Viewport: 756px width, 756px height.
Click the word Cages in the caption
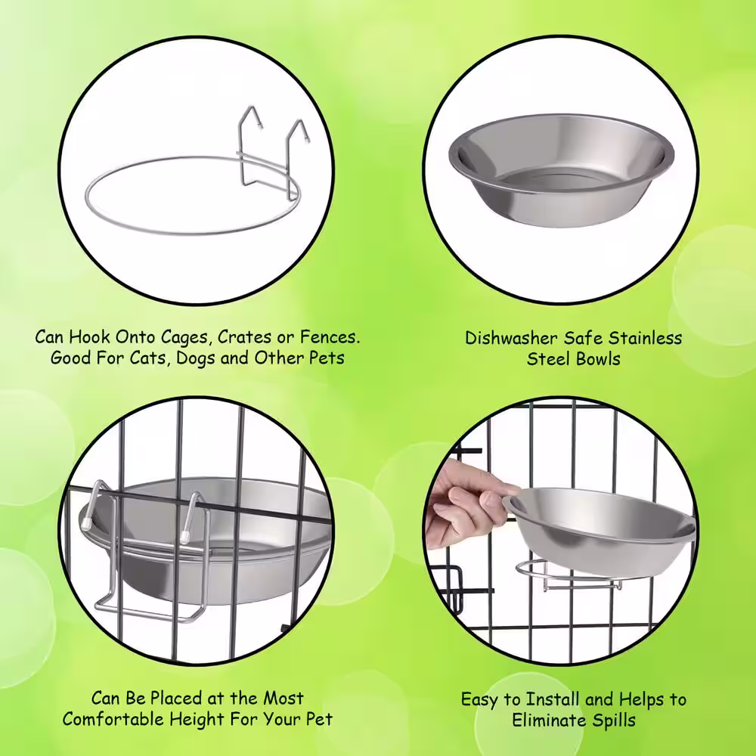pos(184,336)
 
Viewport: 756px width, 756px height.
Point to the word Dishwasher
pos(510,337)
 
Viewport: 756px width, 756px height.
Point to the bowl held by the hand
pos(601,525)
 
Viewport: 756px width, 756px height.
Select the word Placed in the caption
pos(178,697)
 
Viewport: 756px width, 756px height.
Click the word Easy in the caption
pos(481,699)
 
